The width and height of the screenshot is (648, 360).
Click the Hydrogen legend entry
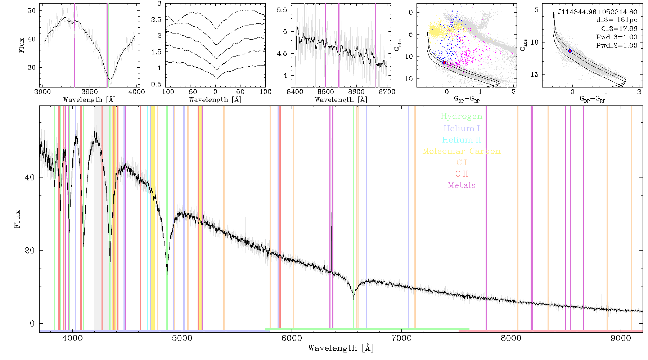tap(462, 117)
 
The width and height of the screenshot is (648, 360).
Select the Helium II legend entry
tap(462, 140)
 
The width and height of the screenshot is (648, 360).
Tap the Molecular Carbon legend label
tap(462, 151)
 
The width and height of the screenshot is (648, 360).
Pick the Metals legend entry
tap(462, 185)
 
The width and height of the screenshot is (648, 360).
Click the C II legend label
tap(462, 174)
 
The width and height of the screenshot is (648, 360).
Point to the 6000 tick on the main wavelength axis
tap(292, 338)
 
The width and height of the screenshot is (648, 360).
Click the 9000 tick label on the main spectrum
tap(621, 338)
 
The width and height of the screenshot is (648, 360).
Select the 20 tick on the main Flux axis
tap(30, 251)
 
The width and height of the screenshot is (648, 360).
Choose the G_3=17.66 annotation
tap(617, 28)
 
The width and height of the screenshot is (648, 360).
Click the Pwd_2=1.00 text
tap(617, 45)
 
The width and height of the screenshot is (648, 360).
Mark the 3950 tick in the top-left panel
tap(90, 92)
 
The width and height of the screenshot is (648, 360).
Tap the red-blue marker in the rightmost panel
tap(570, 51)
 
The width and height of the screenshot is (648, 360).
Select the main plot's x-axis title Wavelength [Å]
tap(341, 348)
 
